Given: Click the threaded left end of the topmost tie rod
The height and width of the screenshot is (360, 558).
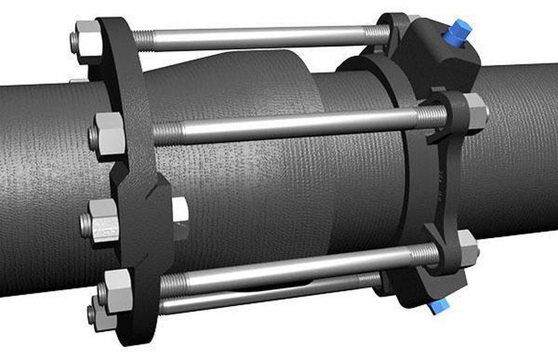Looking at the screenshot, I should tap(144, 40).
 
